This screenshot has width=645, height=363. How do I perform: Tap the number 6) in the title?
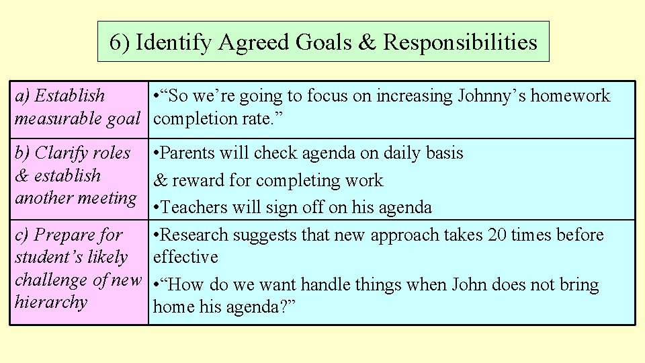pos(119,42)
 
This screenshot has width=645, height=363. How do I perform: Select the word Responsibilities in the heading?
pos(460,42)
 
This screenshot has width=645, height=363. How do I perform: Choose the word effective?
pos(186,257)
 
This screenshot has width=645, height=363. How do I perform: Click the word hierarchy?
pos(51,302)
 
